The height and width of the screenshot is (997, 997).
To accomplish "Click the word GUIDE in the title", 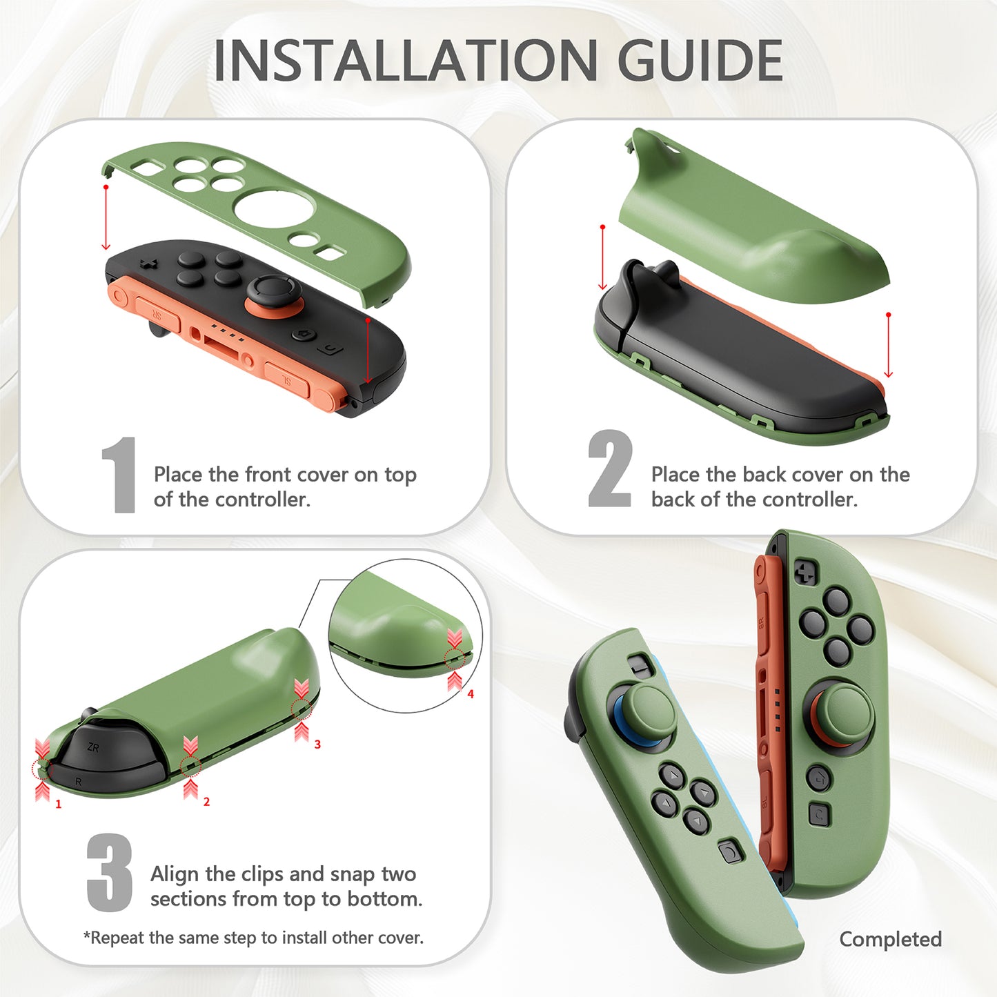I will click(x=700, y=61).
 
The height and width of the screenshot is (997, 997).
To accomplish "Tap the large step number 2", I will click(x=609, y=469).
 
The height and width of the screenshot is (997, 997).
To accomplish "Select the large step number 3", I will click(x=110, y=872).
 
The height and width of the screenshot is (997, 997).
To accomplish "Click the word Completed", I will click(x=890, y=939).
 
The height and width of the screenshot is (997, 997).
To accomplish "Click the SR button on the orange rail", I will click(x=157, y=315).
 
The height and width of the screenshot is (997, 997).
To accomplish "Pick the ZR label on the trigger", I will click(x=93, y=747).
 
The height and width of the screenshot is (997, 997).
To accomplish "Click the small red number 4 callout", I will click(x=471, y=694).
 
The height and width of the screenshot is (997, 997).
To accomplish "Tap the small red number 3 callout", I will click(x=317, y=744).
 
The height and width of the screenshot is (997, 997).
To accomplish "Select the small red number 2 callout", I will click(x=206, y=802).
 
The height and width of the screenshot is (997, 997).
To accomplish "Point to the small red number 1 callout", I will click(x=59, y=804).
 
